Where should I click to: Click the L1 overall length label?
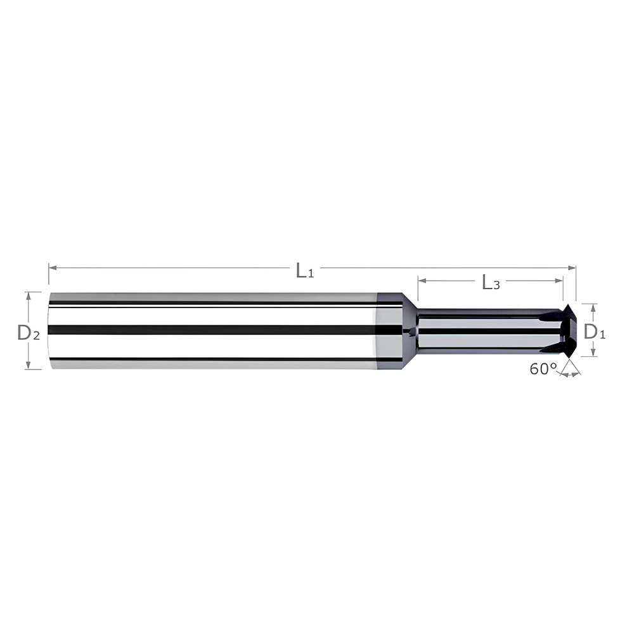coord(305,271)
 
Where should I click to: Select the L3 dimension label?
coord(491,283)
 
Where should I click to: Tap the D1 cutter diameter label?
coord(594,331)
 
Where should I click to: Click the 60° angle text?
coord(543,369)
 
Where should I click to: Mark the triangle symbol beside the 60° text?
coord(570,368)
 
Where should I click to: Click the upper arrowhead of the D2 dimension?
coord(28,295)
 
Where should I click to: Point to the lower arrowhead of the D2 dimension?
coord(28,365)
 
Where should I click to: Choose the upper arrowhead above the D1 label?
coord(593,307)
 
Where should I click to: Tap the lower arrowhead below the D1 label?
coord(593,353)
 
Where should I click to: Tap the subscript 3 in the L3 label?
coord(496,286)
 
